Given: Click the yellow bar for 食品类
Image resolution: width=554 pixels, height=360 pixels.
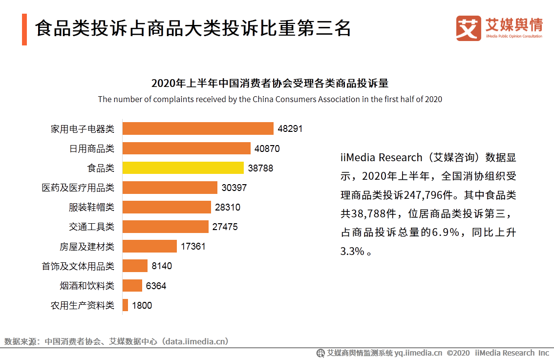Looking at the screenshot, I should [183, 168].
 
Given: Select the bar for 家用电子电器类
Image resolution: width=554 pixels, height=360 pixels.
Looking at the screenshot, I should [198, 129].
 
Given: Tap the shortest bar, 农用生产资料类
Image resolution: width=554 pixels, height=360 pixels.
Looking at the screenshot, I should [125, 305].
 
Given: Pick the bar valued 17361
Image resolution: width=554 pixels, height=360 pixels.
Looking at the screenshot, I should [149, 246].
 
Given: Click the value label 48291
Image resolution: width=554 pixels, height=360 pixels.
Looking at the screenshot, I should [290, 129].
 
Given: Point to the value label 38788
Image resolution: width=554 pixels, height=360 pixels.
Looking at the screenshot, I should [260, 168].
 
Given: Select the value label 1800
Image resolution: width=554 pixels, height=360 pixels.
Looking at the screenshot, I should [142, 305].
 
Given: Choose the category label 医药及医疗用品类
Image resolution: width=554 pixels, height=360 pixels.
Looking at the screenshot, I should [78, 188].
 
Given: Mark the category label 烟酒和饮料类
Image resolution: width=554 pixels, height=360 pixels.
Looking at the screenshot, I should [87, 286].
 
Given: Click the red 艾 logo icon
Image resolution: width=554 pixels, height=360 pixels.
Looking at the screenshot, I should [469, 28].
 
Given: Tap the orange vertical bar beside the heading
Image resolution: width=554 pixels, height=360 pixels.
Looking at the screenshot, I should [24, 29].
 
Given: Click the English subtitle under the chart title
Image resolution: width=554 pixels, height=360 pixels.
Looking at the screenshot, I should [270, 99].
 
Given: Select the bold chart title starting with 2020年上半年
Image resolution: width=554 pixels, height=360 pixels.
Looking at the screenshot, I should [270, 83].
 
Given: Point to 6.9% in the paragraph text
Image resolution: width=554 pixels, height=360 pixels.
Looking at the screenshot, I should [446, 233].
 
